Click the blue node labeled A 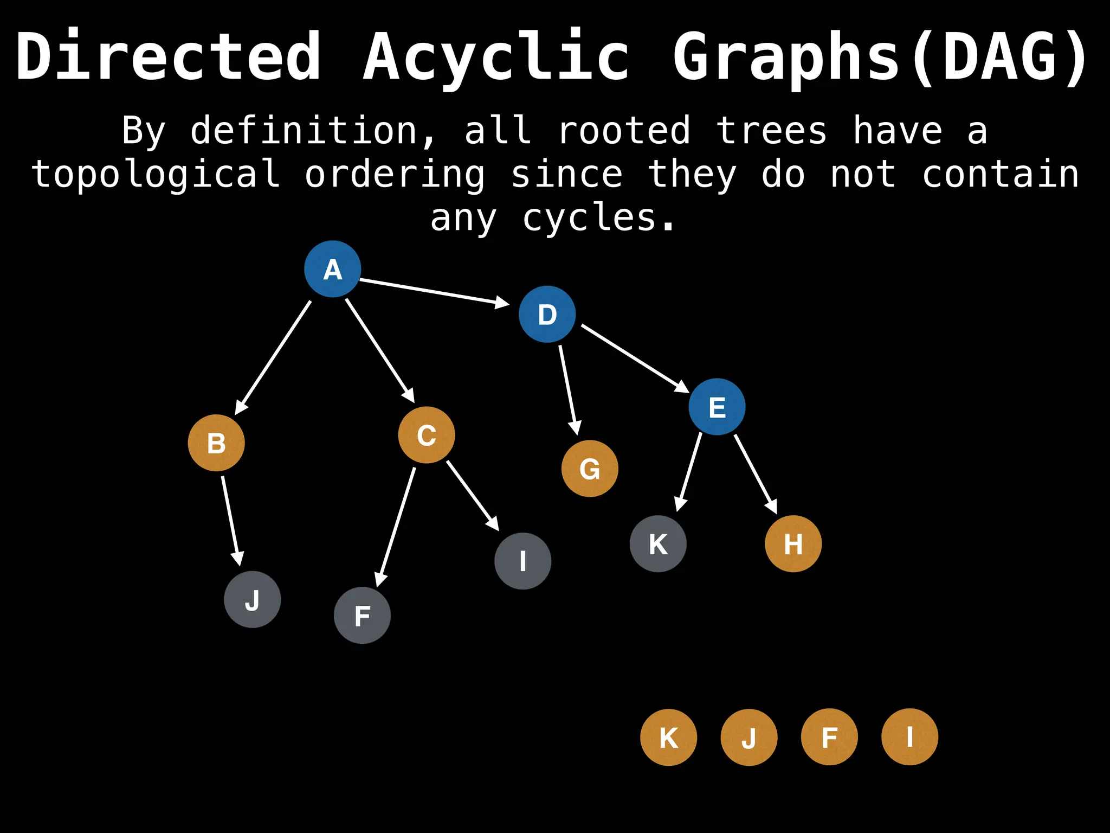pos(332,269)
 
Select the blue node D pos(547,314)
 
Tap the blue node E pos(717,407)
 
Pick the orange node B pos(216,443)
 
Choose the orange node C pos(427,435)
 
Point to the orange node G pos(590,469)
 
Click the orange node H pos(793,543)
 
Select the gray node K pos(658,543)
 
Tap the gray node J pos(253,599)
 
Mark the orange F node pos(829,737)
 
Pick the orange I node pos(909,737)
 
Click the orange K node pos(668,737)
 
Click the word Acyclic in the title pos(496,57)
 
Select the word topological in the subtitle pos(156,175)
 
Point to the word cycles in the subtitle pos(599,218)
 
